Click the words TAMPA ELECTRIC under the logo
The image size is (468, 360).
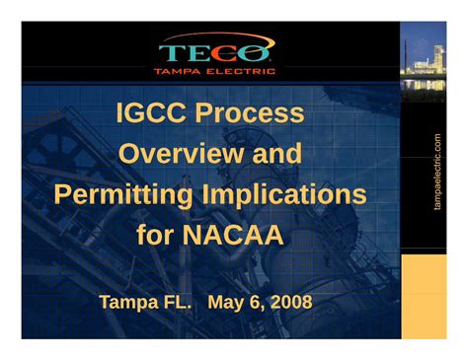pyautogui.click(x=214, y=71)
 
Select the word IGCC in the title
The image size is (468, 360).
pyautogui.click(x=151, y=113)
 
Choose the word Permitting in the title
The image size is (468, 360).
pyautogui.click(x=122, y=194)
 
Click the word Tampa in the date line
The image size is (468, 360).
pyautogui.click(x=130, y=301)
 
